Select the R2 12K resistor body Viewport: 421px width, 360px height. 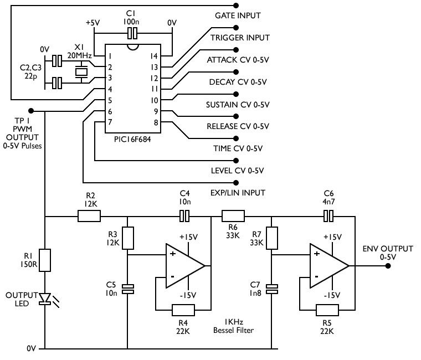pos(89,216)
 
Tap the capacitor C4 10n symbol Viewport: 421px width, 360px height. pos(185,216)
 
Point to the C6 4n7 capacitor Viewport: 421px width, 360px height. pos(329,216)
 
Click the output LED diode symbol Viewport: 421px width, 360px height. pos(45,299)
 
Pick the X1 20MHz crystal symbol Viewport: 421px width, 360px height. pos(82,71)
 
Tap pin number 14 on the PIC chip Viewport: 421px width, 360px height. pos(155,56)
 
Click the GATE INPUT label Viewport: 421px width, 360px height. pos(237,16)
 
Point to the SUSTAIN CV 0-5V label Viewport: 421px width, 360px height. pos(238,104)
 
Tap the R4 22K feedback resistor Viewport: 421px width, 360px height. pos(184,309)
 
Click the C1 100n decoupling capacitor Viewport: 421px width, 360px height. pos(132,34)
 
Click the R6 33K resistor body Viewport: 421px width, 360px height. pos(233,216)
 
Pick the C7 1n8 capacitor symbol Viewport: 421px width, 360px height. pos(272,289)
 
